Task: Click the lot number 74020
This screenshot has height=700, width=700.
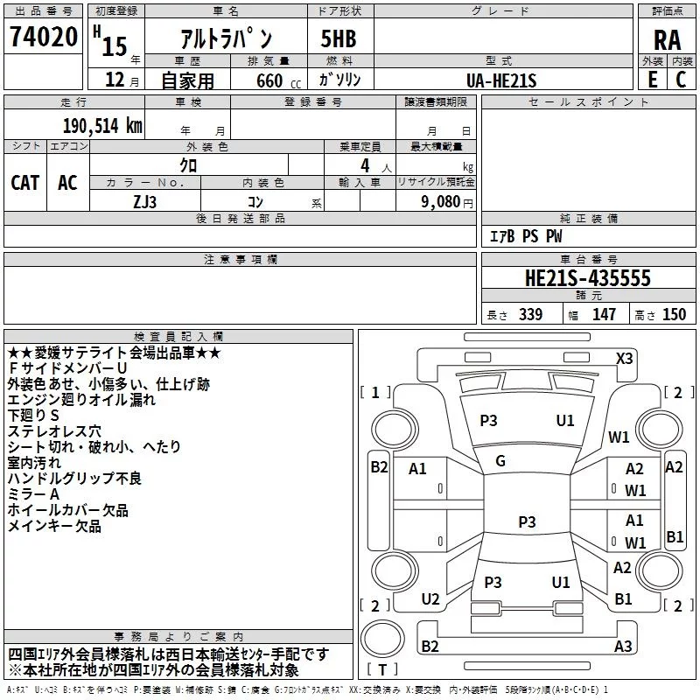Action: point(43,38)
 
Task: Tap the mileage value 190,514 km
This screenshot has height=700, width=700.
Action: point(101,125)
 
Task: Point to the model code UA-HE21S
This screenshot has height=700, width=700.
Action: point(502,80)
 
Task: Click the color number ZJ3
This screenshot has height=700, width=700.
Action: point(145,201)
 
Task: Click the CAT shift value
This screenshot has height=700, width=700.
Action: point(25,183)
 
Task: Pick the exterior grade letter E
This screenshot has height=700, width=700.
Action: point(652,80)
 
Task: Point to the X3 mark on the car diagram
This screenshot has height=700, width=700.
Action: point(624,358)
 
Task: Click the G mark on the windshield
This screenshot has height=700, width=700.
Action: point(500,460)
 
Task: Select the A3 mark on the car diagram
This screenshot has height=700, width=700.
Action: point(623,647)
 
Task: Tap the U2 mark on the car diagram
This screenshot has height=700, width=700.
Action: point(430,598)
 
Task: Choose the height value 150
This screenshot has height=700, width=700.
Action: point(674,314)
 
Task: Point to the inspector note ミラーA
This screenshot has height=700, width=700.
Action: point(33,494)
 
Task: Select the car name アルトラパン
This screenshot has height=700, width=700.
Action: point(225,39)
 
